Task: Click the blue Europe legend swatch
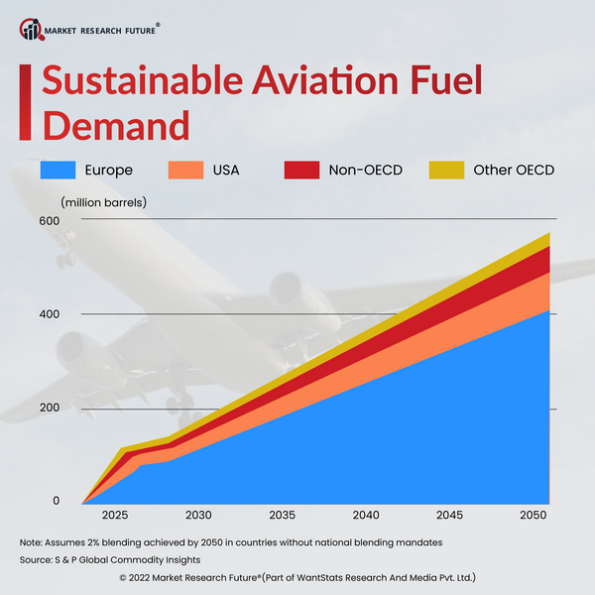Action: tap(59, 170)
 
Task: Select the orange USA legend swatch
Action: tap(188, 170)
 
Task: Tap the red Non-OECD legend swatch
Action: tap(301, 170)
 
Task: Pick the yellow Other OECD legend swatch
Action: tap(446, 170)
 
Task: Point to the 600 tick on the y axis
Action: tap(50, 220)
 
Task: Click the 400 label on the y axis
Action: tap(50, 314)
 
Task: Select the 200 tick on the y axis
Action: tap(50, 408)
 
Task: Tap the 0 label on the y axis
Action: tap(56, 501)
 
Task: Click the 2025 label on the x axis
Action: tap(115, 516)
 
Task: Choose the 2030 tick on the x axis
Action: tap(198, 516)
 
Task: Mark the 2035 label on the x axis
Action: tap(283, 516)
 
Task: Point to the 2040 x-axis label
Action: tap(367, 516)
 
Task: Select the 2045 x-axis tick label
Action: tap(450, 516)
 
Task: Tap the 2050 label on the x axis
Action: tap(533, 516)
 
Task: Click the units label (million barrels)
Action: tap(103, 202)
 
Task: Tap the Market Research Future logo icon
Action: tap(31, 30)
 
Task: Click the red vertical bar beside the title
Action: tap(23, 101)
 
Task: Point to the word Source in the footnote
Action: tap(38, 560)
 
